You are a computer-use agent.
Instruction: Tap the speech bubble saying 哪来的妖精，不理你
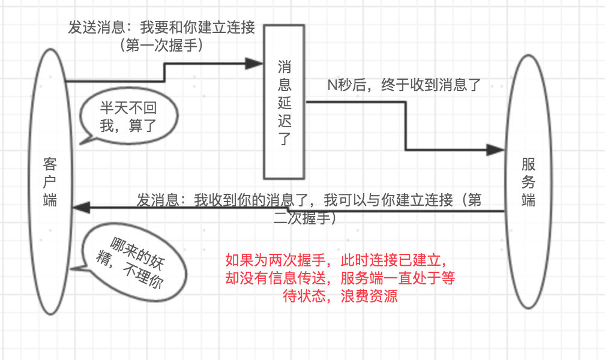(x=130, y=262)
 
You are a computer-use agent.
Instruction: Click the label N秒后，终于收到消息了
(x=404, y=84)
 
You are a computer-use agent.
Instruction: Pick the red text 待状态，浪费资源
(x=340, y=296)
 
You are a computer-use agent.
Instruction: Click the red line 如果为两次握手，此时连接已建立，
(x=337, y=260)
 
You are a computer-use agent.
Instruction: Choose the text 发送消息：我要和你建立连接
(x=161, y=28)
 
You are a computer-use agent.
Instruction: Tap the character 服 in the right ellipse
(x=529, y=163)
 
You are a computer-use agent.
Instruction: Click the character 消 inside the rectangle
(x=284, y=66)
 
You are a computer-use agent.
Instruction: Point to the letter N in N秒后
(x=331, y=85)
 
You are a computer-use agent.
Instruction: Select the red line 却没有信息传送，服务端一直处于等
(x=340, y=278)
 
